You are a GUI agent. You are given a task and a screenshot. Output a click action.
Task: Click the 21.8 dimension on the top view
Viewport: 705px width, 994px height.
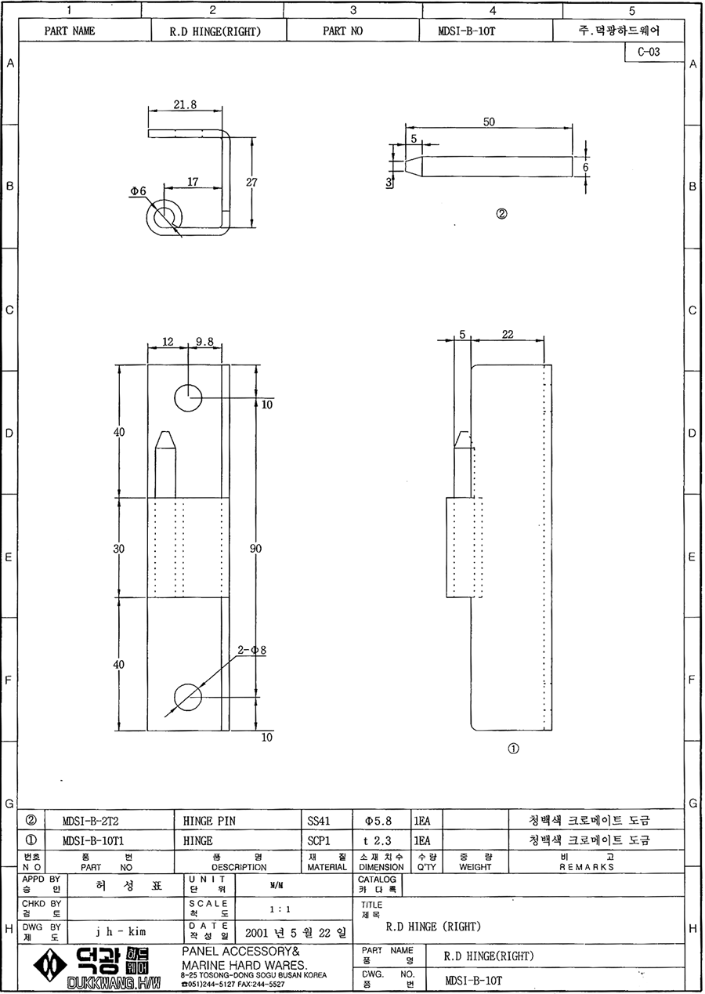pyautogui.click(x=185, y=105)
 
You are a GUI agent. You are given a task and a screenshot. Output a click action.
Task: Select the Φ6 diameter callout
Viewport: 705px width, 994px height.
pyautogui.click(x=138, y=190)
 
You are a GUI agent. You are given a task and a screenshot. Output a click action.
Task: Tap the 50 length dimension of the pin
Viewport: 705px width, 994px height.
pyautogui.click(x=489, y=122)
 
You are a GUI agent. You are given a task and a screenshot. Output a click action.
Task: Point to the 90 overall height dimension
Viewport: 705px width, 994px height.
pyautogui.click(x=255, y=549)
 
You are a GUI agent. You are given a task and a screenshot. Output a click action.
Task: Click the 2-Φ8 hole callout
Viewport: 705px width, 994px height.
pyautogui.click(x=252, y=650)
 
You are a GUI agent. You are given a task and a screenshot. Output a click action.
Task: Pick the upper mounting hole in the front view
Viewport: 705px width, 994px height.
pyautogui.click(x=188, y=398)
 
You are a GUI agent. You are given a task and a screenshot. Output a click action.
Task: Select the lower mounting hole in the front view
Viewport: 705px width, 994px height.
pyautogui.click(x=188, y=697)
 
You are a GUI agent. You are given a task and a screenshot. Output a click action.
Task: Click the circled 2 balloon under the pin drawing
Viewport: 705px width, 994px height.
pyautogui.click(x=501, y=214)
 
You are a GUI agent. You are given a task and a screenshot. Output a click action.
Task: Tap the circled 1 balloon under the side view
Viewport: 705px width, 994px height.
pyautogui.click(x=513, y=749)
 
